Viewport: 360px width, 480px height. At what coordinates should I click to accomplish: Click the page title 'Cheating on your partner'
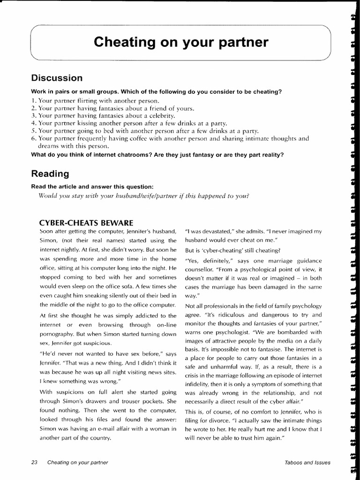tap(181, 42)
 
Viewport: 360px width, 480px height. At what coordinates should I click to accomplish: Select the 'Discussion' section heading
tap(57, 78)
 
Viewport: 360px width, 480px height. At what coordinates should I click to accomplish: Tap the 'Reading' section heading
tap(50, 173)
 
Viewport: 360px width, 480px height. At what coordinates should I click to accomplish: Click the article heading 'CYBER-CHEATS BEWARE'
tap(87, 222)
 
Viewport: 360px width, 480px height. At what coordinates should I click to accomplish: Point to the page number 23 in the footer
tap(34, 462)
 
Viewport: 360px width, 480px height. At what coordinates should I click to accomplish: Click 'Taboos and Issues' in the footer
tap(307, 462)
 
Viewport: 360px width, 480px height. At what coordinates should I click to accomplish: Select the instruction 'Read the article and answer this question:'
tap(92, 186)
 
